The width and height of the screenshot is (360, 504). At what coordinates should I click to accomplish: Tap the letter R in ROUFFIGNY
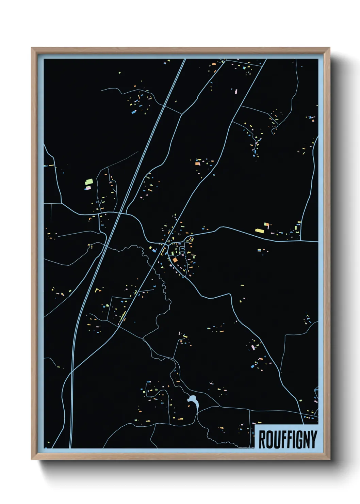click(262, 439)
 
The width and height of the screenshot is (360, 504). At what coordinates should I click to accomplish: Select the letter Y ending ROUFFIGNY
click(314, 439)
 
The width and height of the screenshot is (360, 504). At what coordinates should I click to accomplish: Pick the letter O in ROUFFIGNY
click(268, 439)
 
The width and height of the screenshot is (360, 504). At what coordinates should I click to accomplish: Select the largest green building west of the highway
click(89, 182)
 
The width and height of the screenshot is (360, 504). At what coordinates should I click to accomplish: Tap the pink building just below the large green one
click(88, 188)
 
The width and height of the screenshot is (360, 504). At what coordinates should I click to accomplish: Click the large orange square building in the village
click(175, 260)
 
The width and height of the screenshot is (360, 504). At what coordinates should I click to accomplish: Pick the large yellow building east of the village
click(260, 231)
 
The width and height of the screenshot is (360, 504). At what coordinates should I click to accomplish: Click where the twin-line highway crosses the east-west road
click(120, 214)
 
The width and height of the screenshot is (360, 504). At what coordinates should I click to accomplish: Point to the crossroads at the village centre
click(166, 244)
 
